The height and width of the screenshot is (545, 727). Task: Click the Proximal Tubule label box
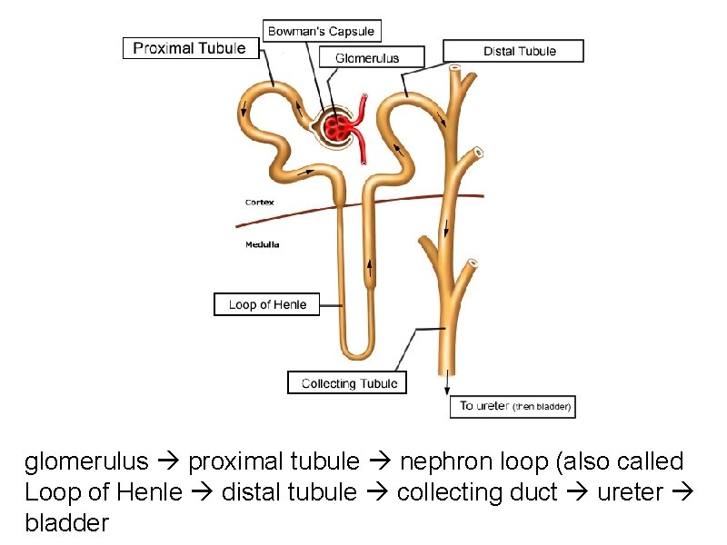(190, 48)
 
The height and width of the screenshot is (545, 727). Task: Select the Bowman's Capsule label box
(321, 31)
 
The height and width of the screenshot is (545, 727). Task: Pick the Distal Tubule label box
(513, 51)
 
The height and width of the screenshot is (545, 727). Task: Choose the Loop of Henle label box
(267, 304)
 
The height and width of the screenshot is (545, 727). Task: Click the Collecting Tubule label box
(349, 383)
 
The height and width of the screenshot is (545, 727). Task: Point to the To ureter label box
(514, 406)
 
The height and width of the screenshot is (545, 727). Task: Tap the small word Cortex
(260, 202)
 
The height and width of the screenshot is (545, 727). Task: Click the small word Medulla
(263, 244)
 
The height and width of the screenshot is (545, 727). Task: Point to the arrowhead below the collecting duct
(447, 390)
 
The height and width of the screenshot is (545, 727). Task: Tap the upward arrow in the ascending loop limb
(371, 266)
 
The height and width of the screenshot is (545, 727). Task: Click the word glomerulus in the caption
(86, 462)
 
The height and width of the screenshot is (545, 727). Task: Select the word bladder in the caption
(67, 523)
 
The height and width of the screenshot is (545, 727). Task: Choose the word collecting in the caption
(451, 492)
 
